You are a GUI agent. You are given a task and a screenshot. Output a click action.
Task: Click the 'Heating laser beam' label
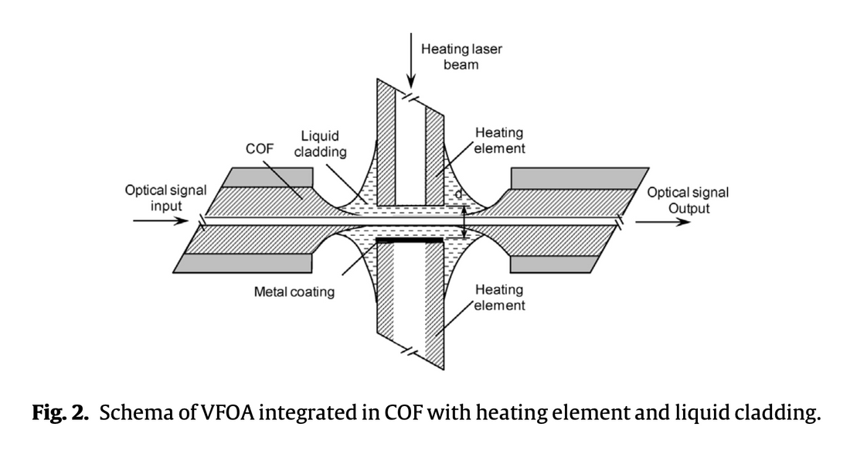point(461,56)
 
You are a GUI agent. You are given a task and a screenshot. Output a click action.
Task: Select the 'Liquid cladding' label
point(320,144)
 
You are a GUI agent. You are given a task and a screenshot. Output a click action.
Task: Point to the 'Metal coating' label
point(294,292)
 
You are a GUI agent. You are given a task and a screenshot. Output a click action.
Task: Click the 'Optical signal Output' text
point(687,200)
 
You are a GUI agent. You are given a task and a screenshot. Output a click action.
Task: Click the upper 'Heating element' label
point(499,141)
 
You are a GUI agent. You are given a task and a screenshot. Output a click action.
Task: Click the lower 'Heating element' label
point(499,297)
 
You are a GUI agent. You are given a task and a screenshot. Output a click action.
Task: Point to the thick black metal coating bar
point(410,241)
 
